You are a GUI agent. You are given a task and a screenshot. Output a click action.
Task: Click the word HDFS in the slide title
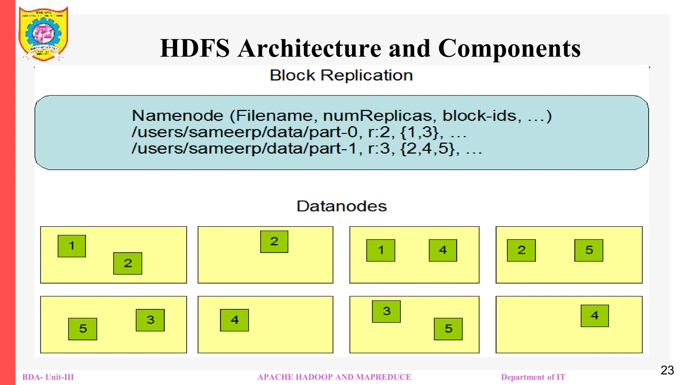click(195, 48)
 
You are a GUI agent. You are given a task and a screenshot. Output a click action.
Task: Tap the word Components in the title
click(509, 48)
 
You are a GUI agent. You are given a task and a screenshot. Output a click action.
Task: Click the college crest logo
click(43, 34)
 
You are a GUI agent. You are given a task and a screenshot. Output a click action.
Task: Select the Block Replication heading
click(341, 75)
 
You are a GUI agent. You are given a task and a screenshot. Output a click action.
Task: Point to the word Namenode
click(177, 116)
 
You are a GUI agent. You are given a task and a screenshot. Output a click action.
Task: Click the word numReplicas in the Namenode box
click(377, 116)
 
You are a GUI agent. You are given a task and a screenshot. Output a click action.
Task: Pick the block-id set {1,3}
click(419, 132)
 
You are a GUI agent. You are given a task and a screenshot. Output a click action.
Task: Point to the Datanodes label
click(341, 206)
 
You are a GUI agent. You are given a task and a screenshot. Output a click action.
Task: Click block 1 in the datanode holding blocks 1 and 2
click(71, 246)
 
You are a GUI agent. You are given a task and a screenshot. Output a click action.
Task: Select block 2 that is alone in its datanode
click(274, 242)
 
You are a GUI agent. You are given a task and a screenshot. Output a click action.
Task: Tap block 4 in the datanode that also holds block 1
click(443, 250)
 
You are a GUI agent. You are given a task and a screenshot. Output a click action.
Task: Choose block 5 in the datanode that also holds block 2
click(588, 250)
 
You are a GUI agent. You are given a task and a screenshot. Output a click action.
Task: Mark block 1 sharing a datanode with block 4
click(380, 250)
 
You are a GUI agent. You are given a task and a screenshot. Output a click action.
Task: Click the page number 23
click(667, 370)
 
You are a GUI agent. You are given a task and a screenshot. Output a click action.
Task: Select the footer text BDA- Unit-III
click(48, 377)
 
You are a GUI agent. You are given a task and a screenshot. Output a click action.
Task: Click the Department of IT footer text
click(533, 377)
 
